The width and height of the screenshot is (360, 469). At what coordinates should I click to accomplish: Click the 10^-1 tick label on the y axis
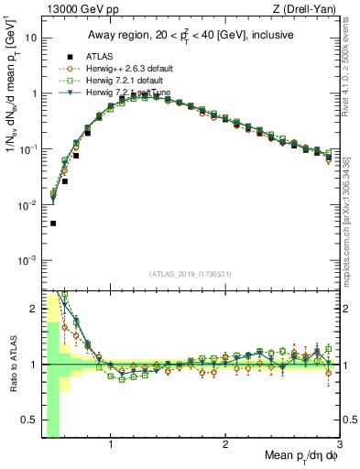pos(29,149)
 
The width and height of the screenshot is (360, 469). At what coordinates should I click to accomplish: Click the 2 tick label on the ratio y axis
pos(34,309)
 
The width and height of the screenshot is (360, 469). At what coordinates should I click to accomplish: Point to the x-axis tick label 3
pos(339,446)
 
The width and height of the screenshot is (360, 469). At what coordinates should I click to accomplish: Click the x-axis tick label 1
pos(111,446)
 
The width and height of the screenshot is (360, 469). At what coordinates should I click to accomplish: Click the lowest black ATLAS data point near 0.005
pos(53,224)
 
